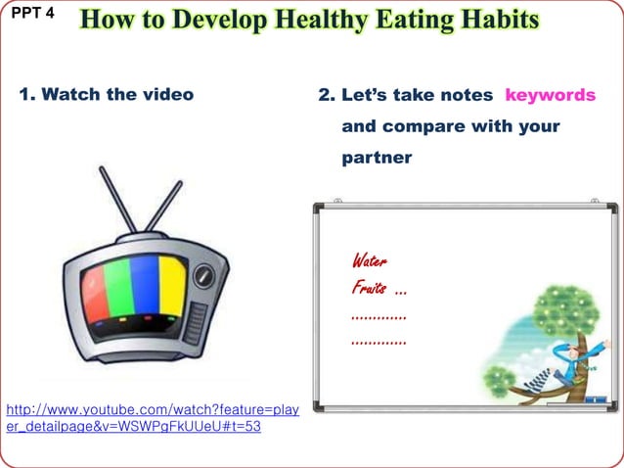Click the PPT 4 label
pos(32,15)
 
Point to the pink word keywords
pos(550,95)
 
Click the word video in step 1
pos(167,95)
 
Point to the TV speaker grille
pos(198,319)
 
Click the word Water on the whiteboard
pos(369,261)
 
